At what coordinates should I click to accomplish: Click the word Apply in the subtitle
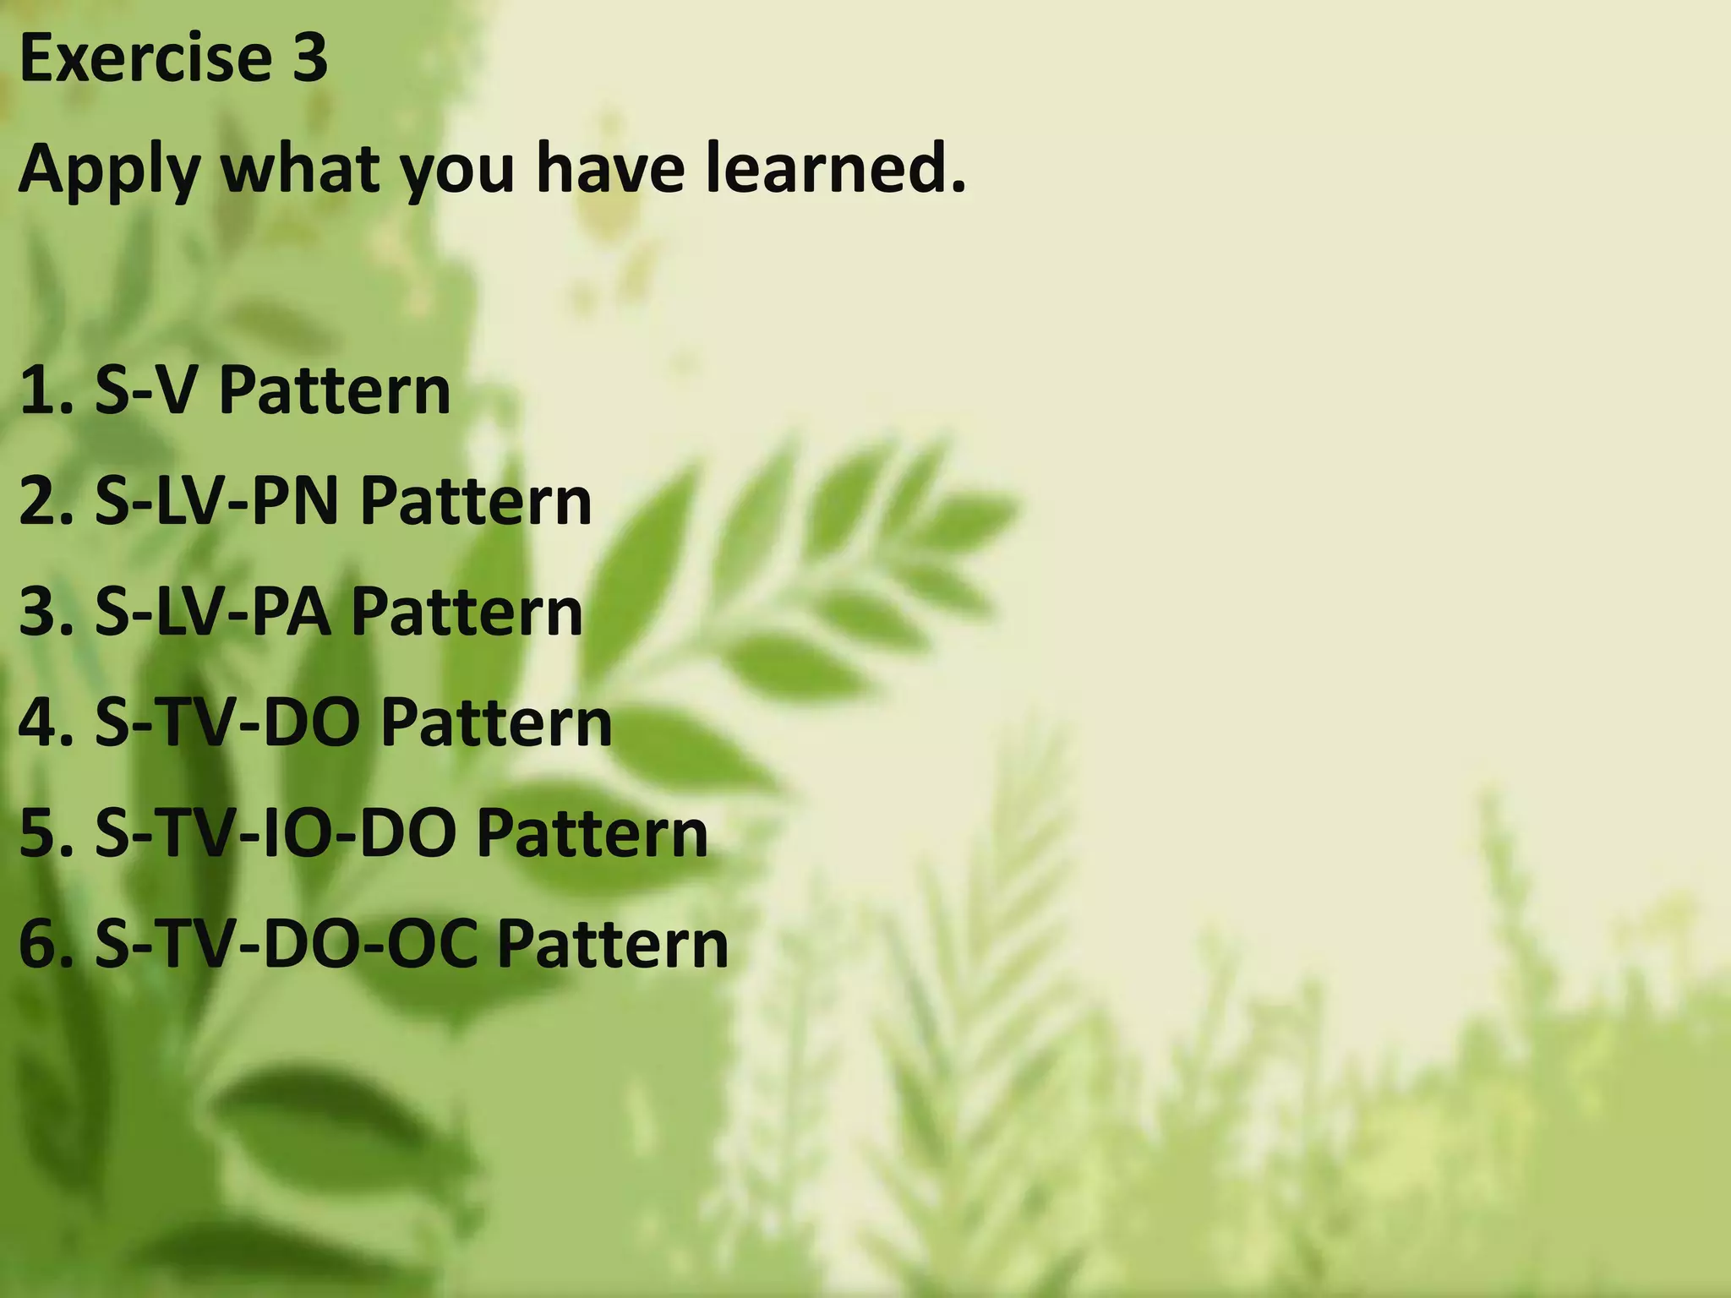pyautogui.click(x=108, y=169)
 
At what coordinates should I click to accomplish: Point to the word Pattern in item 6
pyautogui.click(x=613, y=944)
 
